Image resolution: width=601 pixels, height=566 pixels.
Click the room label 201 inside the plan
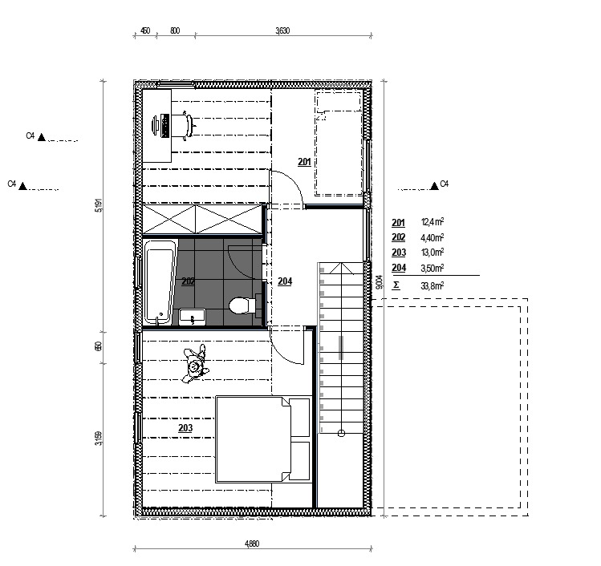[304, 162]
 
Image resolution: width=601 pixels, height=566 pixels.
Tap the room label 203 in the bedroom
[185, 428]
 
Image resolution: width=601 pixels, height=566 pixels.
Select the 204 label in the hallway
[285, 281]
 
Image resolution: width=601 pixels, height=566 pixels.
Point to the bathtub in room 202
[160, 282]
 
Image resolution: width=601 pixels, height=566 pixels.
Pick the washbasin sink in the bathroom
[193, 317]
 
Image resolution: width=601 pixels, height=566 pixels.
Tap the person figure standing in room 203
[195, 364]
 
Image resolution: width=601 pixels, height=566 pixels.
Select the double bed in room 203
[263, 439]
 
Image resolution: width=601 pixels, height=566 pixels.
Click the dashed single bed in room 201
[339, 144]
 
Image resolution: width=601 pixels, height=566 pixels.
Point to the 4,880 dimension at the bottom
[252, 544]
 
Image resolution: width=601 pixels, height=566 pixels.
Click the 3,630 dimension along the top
[282, 30]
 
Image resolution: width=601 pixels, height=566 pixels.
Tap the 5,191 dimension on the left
[99, 205]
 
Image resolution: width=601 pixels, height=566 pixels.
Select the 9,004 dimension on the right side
[379, 282]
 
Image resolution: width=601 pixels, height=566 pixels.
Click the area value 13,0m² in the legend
[432, 253]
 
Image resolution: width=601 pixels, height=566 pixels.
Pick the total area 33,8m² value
[432, 285]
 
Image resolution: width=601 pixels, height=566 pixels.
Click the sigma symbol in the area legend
[396, 285]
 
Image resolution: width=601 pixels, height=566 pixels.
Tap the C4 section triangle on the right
[434, 186]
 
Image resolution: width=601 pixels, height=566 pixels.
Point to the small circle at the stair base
[341, 433]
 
